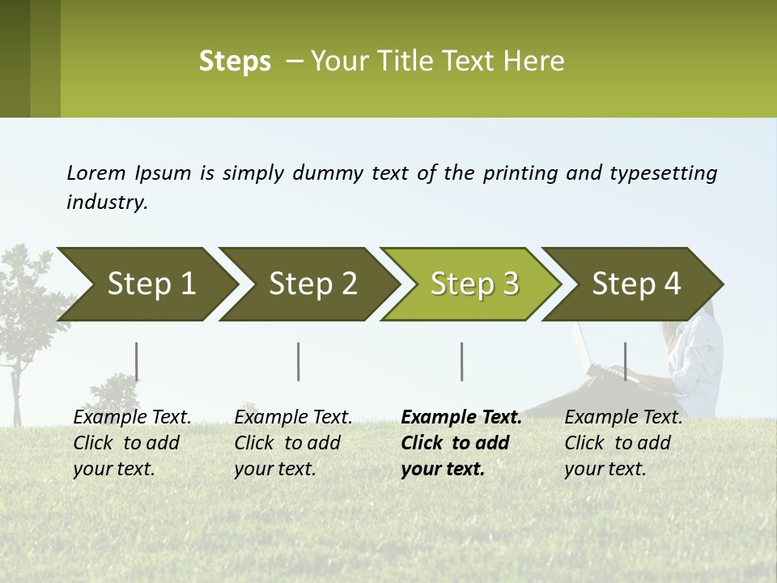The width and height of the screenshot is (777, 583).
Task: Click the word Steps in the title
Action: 235,62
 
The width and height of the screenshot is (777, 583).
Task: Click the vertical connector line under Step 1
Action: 137,361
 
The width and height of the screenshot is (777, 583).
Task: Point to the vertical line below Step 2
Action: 299,361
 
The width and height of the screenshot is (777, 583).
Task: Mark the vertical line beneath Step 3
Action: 462,361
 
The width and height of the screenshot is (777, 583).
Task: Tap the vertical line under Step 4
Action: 626,361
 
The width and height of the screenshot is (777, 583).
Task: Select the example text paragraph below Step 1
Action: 132,443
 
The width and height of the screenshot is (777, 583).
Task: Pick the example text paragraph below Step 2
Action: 293,443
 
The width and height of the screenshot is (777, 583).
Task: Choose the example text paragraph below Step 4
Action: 623,443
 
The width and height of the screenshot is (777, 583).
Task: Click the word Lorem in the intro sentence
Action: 96,172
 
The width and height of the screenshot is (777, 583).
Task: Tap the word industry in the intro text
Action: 106,202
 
